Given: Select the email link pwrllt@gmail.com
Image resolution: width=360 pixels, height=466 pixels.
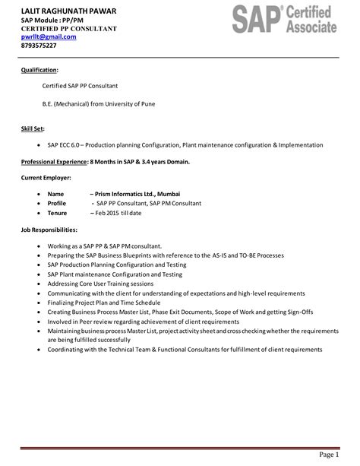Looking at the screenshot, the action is [49, 36].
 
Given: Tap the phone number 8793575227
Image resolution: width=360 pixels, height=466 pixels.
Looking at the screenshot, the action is [39, 46].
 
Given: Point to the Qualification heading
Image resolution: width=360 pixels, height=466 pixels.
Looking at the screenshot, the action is [39, 70].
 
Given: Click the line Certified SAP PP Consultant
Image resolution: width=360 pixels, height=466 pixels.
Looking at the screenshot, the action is [80, 86].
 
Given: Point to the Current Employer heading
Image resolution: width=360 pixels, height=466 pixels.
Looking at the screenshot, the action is [46, 178].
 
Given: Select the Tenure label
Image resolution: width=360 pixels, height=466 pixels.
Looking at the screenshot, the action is [58, 213].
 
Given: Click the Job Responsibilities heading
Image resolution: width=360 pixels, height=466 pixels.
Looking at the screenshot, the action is [49, 229].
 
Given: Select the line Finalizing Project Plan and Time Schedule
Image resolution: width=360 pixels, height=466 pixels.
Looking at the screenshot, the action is [105, 302].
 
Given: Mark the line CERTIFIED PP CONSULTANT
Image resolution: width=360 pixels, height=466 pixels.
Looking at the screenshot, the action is [68, 27].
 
